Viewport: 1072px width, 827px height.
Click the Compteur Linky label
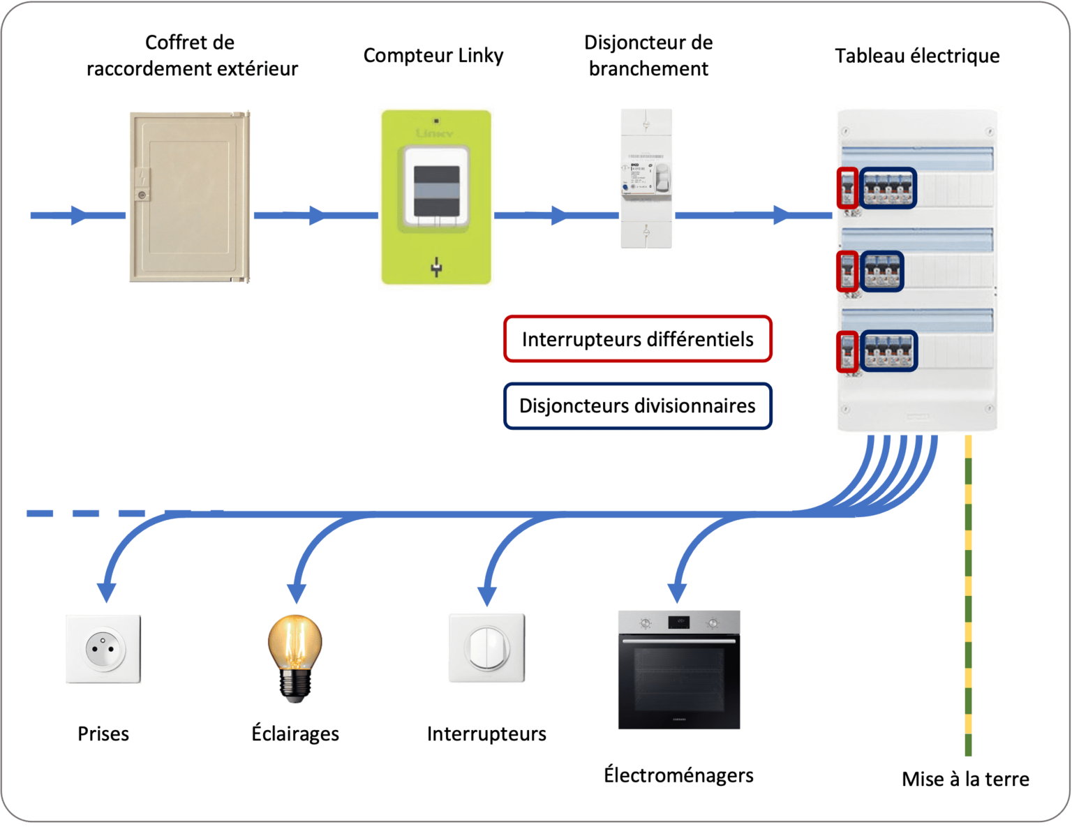click(433, 56)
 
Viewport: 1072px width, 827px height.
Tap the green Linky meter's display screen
click(436, 191)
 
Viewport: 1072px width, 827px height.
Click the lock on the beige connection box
click(142, 195)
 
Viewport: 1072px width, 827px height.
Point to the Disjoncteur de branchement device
click(647, 179)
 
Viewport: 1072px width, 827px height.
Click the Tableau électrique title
click(917, 56)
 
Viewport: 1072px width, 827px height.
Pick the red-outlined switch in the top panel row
click(847, 188)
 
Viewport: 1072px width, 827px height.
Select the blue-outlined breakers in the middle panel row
click(882, 271)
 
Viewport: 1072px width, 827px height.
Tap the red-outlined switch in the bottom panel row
click(847, 351)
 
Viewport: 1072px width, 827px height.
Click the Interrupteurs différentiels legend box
click(637, 339)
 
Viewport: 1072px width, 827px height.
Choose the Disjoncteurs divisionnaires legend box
click(637, 406)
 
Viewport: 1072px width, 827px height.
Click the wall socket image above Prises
click(103, 649)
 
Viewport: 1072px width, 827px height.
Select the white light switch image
click(486, 648)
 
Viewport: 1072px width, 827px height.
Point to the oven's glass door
click(678, 680)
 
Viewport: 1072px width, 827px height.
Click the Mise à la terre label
click(965, 779)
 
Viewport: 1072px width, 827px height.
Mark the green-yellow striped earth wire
click(968, 593)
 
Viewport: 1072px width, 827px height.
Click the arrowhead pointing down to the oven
click(677, 593)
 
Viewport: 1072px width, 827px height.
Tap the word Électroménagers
click(678, 775)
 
